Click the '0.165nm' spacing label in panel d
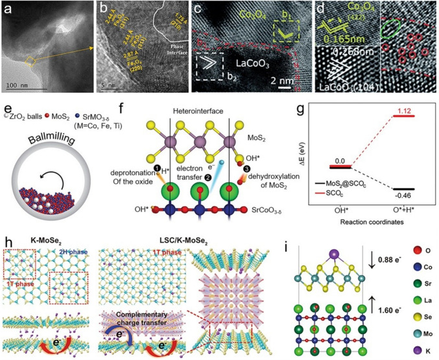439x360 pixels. click(344, 39)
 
